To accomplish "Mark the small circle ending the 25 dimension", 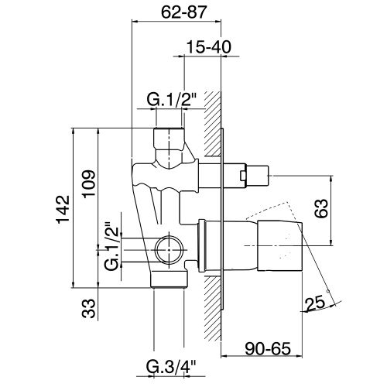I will (x=329, y=292).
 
